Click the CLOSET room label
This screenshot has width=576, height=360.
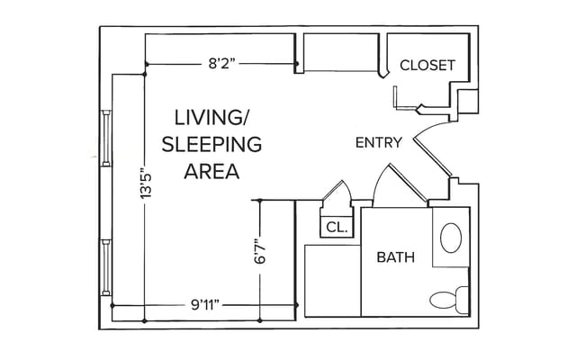[427, 66]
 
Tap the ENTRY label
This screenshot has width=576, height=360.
[379, 142]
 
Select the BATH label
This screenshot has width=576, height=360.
[396, 257]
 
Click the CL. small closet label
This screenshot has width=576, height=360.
[337, 227]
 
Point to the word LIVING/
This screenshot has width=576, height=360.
[211, 117]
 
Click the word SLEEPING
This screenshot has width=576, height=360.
[211, 144]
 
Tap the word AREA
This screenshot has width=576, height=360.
[211, 171]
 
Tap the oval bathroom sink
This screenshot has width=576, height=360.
[450, 238]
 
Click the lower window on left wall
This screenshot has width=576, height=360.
[107, 268]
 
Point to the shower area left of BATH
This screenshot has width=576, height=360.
[332, 280]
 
